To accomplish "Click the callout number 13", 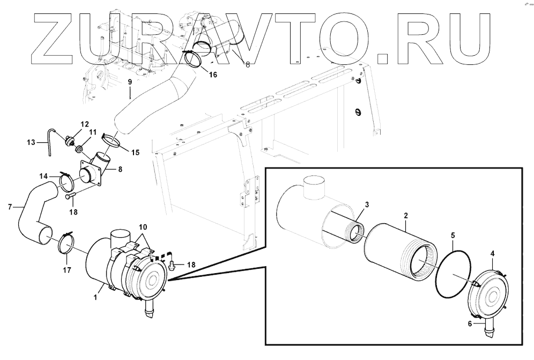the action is tap(31, 143).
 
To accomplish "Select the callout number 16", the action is tap(213, 75).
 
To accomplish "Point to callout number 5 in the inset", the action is tap(453, 235).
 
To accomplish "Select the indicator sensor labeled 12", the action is tap(68, 141).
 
